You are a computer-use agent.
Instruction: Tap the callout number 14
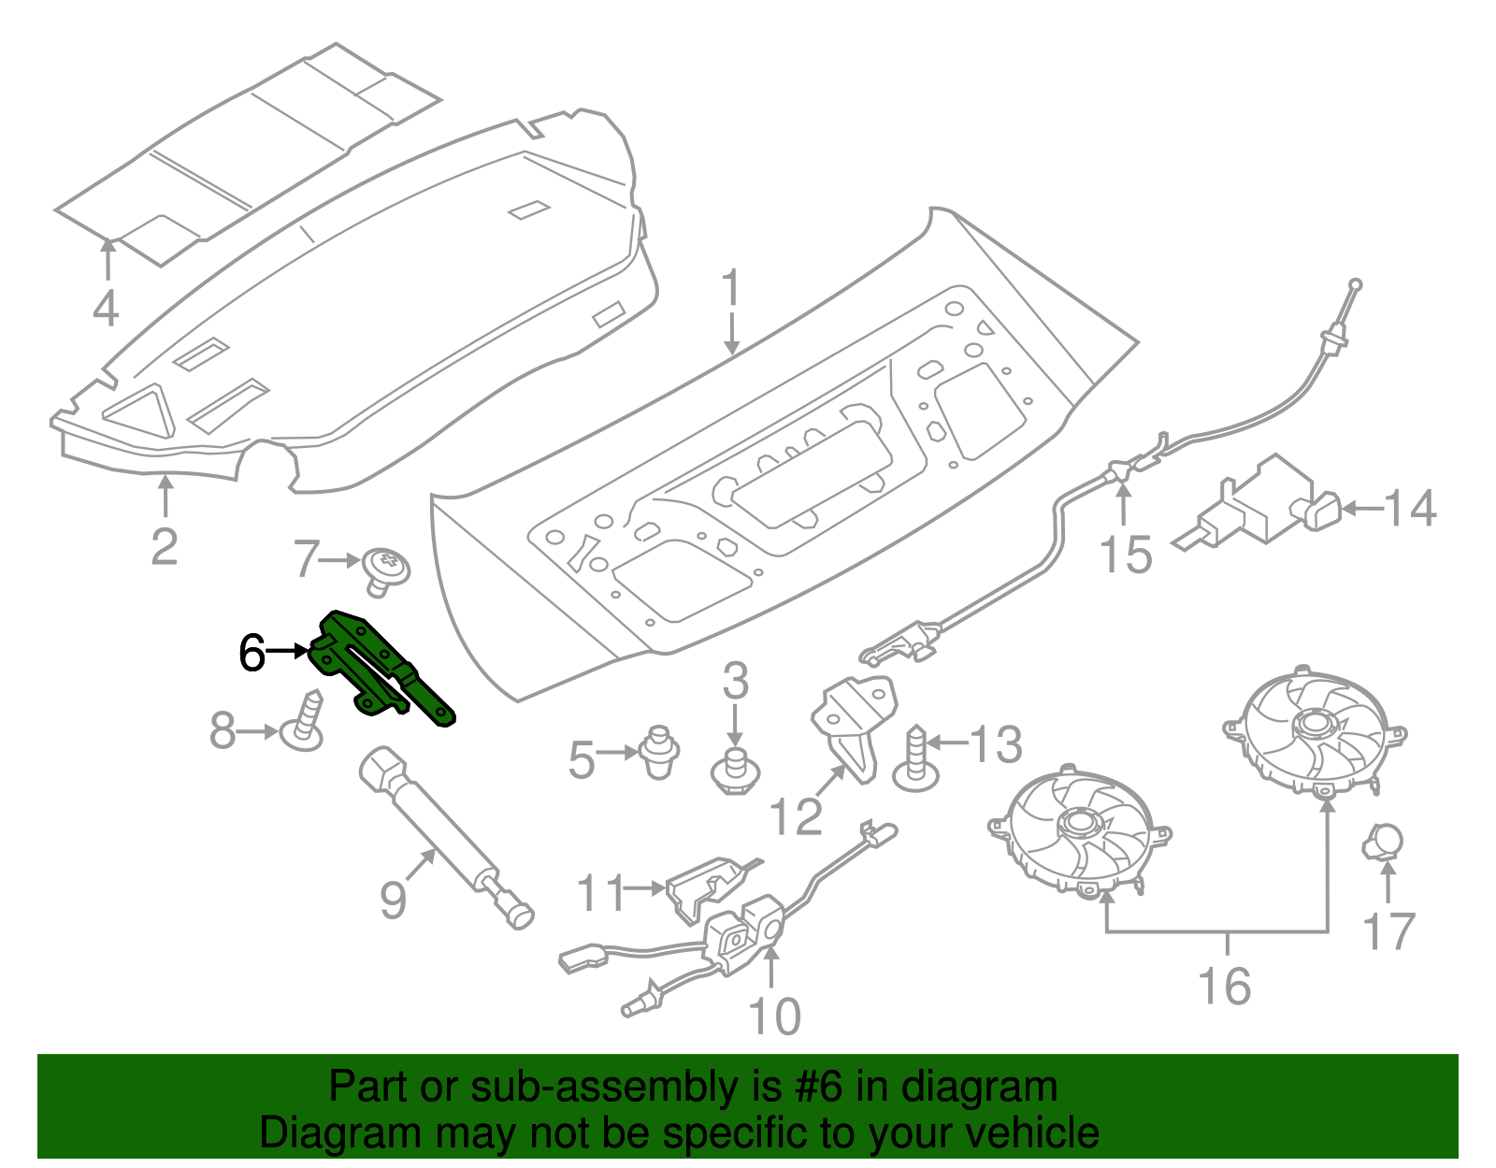[1410, 510]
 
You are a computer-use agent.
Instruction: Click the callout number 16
[1224, 987]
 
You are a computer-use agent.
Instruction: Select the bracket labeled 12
[851, 725]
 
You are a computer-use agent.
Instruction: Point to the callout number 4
[106, 309]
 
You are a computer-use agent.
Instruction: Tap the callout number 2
[165, 547]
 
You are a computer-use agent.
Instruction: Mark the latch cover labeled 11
[701, 884]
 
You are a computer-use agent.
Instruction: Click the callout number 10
[775, 1017]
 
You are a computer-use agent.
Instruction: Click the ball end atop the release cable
[1355, 284]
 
